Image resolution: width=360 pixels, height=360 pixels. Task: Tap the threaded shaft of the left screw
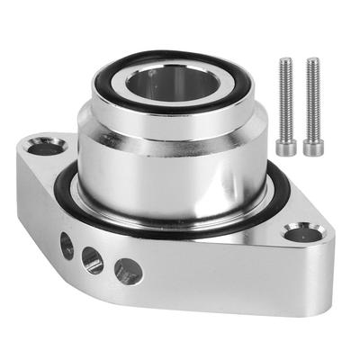click(x=286, y=99)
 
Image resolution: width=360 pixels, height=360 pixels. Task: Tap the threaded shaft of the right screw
click(x=312, y=99)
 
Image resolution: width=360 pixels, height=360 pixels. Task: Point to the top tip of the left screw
click(x=286, y=61)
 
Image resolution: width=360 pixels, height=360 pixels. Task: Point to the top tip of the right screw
click(x=312, y=61)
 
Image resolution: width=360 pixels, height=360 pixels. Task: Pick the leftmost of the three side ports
click(x=67, y=243)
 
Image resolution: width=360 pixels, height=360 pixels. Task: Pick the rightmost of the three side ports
click(x=127, y=269)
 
